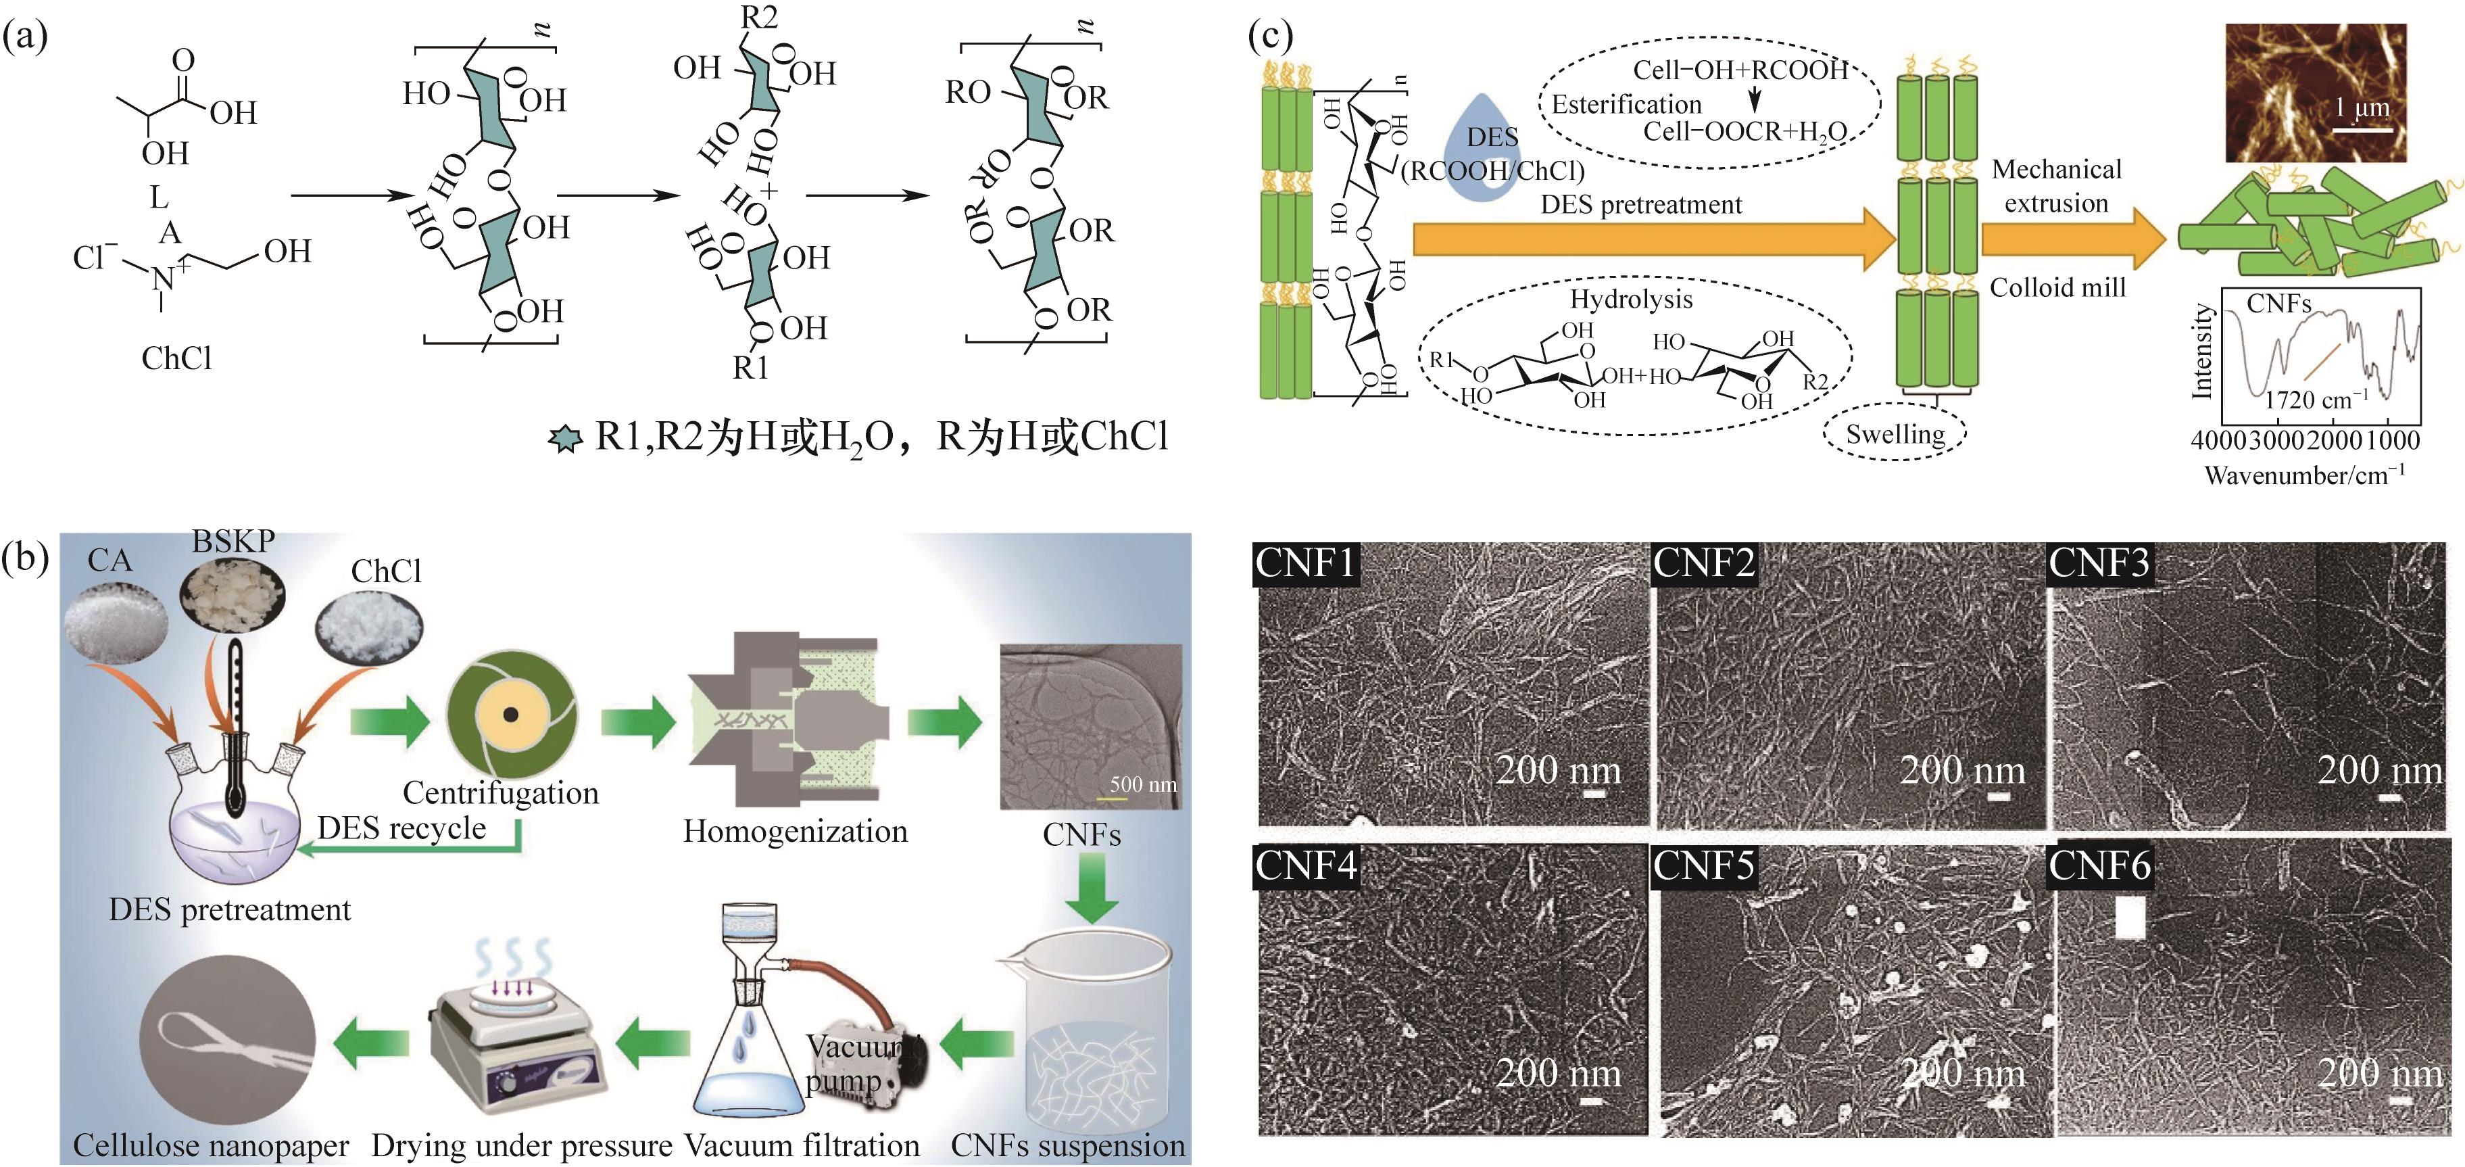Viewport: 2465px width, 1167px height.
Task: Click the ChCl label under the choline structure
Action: coord(176,358)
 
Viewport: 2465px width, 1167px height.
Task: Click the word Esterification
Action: coord(1626,103)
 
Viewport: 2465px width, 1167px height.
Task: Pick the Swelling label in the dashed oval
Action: coord(1895,435)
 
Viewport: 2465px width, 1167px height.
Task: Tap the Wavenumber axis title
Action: coord(2303,475)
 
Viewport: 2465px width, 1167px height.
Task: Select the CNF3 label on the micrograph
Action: coord(2099,563)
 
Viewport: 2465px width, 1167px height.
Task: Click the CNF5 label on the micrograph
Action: coord(1704,865)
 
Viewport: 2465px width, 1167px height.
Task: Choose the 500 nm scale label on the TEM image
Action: coord(1142,784)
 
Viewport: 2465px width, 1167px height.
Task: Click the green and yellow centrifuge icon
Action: coord(512,714)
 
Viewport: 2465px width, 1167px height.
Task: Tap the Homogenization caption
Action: coord(795,831)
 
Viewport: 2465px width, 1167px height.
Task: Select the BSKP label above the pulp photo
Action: coord(233,541)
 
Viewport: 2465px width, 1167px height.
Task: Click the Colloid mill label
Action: coord(2057,287)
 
